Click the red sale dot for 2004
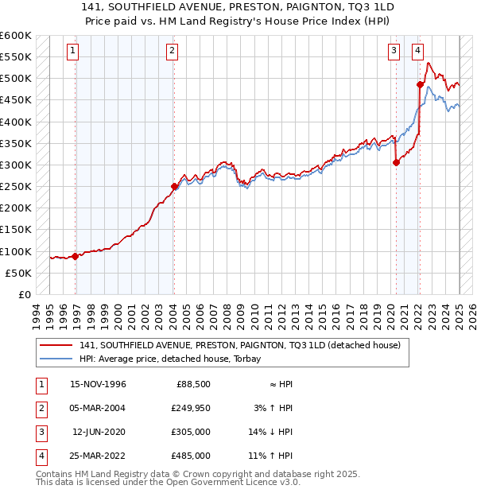pos(174,187)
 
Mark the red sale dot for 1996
pos(76,256)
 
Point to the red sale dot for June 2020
pos(396,163)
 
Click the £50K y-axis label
pos(19,273)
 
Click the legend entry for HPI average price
pos(176,359)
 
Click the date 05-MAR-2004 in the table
pos(98,408)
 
